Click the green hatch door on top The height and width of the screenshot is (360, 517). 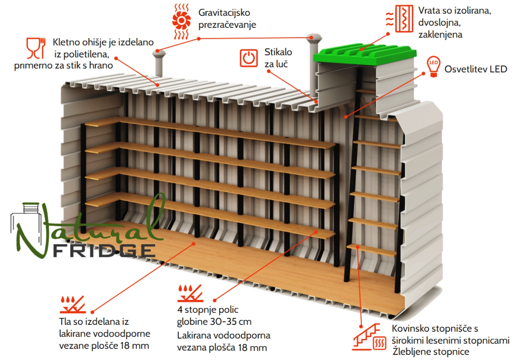tap(365, 54)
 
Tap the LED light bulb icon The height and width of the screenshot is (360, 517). tap(434, 67)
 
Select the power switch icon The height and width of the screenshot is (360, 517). tap(249, 58)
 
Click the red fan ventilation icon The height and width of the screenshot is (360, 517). tap(181, 21)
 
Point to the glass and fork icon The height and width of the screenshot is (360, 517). tap(36, 48)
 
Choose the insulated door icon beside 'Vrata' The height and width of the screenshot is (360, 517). tap(400, 19)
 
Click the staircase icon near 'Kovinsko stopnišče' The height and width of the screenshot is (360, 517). tap(369, 337)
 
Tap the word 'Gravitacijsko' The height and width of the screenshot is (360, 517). tap(224, 13)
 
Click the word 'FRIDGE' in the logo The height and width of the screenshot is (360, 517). tap(104, 251)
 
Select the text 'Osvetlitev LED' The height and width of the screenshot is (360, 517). tap(475, 69)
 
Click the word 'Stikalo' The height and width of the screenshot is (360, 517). tap(278, 52)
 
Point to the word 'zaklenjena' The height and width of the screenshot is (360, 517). tap(441, 35)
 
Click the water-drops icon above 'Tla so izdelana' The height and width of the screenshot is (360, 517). tap(73, 304)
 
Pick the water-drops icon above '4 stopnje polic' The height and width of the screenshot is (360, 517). tap(191, 293)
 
